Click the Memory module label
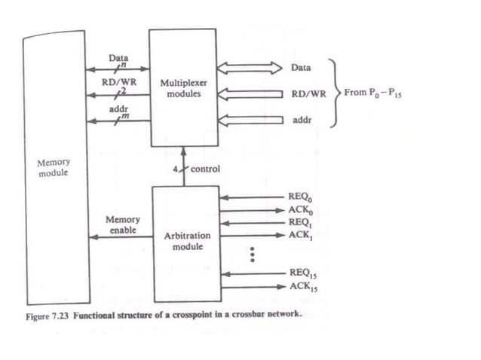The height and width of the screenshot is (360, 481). (x=53, y=168)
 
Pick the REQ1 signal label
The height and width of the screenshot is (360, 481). (x=299, y=224)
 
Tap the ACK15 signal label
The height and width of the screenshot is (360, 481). (x=301, y=286)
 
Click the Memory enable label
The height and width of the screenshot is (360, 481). (x=123, y=224)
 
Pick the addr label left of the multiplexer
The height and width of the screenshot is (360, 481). (x=118, y=109)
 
